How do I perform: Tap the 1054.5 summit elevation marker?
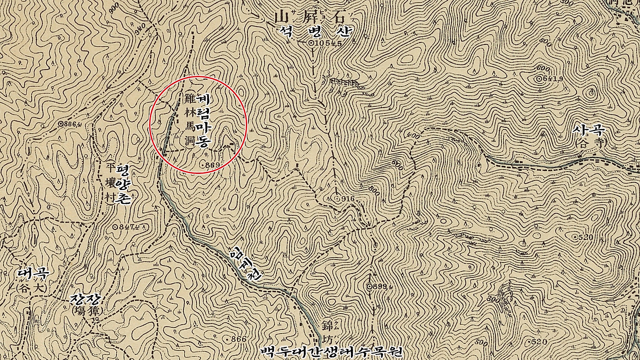pos(326,43)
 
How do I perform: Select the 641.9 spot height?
pos(549,79)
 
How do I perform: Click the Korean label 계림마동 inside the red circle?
pos(203,120)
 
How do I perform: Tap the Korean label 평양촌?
pos(124,183)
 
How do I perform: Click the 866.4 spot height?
pos(70,123)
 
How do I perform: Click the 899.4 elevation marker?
pos(378,286)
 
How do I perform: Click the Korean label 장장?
pos(86,299)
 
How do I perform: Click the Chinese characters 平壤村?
pos(111,183)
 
